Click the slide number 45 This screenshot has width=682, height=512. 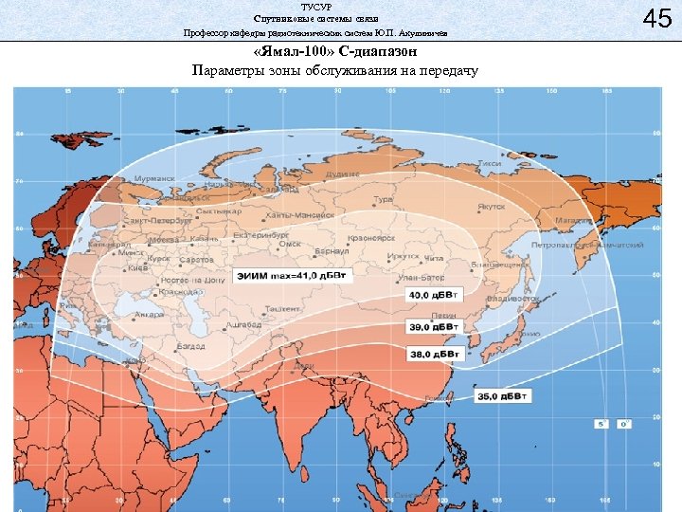point(649,19)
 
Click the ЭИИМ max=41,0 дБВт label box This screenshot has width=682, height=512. point(281,276)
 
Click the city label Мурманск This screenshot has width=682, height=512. point(153,178)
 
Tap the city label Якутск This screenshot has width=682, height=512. point(490,205)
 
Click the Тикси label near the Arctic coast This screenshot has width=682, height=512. point(490,164)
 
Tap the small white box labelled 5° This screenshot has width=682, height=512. point(600,424)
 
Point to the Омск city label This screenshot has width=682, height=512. point(289,244)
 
